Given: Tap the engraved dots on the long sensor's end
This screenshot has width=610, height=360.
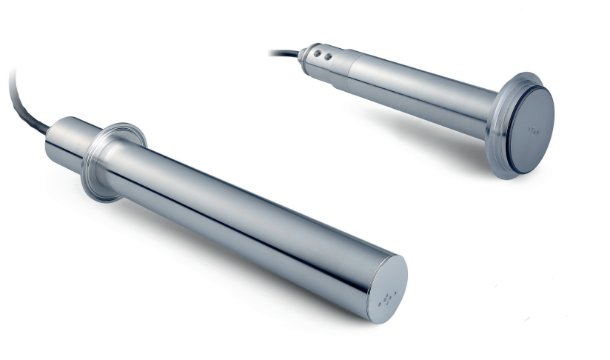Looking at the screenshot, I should [x=386, y=299].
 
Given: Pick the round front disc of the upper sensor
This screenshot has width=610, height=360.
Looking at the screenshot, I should [x=528, y=128].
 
